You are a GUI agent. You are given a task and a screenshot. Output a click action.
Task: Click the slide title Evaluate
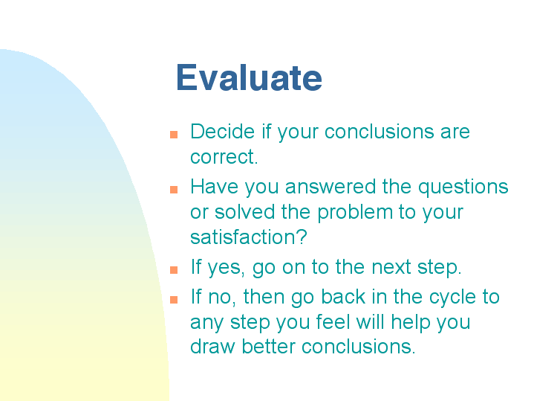pyautogui.click(x=249, y=78)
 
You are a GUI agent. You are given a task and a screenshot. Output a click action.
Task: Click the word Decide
pyautogui.click(x=222, y=132)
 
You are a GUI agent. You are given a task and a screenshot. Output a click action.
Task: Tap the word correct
pyautogui.click(x=224, y=157)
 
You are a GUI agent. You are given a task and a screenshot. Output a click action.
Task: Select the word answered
pyautogui.click(x=331, y=187)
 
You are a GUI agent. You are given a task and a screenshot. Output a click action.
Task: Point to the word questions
pyautogui.click(x=463, y=187)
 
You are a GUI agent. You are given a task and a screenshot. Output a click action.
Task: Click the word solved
pyautogui.click(x=244, y=212)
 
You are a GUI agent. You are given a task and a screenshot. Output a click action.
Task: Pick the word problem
pyautogui.click(x=355, y=213)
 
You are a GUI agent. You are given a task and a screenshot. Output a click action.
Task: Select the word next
pyautogui.click(x=391, y=267)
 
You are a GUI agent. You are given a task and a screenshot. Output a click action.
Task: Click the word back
pyautogui.click(x=343, y=296)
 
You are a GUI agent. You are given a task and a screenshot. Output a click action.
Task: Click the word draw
pyautogui.click(x=212, y=347)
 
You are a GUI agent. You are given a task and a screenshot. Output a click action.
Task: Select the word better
pyautogui.click(x=268, y=347)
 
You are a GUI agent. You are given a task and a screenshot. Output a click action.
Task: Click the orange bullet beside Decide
pyautogui.click(x=174, y=135)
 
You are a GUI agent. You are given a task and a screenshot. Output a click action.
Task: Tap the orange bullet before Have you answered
pyautogui.click(x=174, y=190)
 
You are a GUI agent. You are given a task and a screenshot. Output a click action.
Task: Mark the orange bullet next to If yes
pyautogui.click(x=174, y=270)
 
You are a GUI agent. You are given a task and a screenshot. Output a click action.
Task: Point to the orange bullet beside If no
pyautogui.click(x=174, y=300)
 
